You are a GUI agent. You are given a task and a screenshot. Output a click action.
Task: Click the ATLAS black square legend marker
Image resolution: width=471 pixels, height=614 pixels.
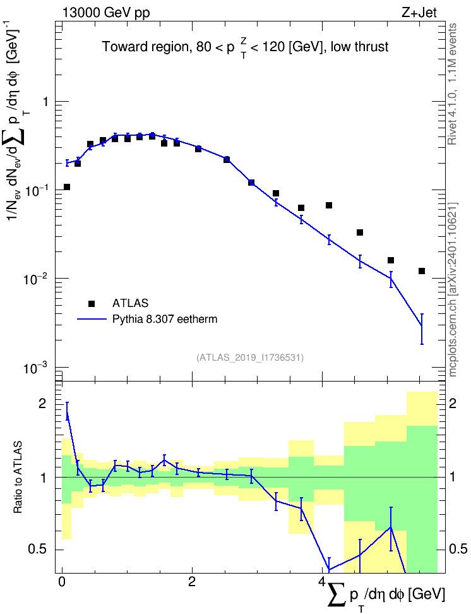coord(92,303)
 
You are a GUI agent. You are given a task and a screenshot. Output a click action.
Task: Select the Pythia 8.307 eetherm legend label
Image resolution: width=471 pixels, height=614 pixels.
coord(164,319)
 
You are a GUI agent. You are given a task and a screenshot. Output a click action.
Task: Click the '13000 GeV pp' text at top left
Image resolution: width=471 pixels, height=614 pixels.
coord(106,13)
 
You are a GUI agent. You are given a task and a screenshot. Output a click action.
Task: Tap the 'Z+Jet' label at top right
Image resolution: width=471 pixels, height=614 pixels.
coord(419,13)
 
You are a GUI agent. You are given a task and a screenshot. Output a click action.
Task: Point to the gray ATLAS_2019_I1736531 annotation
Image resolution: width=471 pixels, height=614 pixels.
coord(250,358)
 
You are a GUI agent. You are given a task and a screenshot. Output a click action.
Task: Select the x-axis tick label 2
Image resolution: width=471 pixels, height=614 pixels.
coord(192,581)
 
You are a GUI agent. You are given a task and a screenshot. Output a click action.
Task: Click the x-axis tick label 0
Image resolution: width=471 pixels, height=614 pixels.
coord(62,581)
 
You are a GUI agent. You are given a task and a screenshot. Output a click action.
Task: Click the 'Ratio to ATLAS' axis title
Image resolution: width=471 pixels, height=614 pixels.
coord(18,477)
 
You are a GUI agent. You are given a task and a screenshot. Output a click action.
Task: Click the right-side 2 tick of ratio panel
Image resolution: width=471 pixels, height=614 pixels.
coord(453,403)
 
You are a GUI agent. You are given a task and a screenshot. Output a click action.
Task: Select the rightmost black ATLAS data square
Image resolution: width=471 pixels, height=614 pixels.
coord(422,271)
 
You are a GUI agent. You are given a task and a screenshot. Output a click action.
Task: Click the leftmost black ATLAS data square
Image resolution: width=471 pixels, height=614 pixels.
coord(67,187)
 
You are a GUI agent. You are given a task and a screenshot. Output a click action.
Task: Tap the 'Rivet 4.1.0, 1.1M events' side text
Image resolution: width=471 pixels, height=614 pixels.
coord(452,84)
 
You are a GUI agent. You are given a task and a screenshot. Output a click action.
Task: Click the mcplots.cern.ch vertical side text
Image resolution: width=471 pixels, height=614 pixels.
coord(452,289)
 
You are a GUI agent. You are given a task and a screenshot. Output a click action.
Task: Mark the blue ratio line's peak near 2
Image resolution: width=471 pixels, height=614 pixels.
coord(67,411)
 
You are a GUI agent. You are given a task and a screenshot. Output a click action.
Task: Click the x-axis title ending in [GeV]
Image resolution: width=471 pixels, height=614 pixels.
coord(386,596)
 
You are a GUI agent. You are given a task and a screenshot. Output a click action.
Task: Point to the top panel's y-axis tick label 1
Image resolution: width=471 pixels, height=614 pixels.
coord(45,102)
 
